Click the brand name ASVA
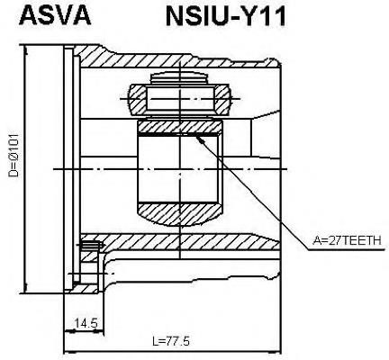pyautogui.click(x=55, y=15)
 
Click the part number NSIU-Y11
pyautogui.click(x=225, y=16)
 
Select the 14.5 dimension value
pyautogui.click(x=86, y=323)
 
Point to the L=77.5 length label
pyautogui.click(x=171, y=341)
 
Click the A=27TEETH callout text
pyautogui.click(x=347, y=240)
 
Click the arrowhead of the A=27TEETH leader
pyautogui.click(x=200, y=139)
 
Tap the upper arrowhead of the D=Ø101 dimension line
pyautogui.click(x=26, y=50)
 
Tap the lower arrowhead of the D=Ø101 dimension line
pyautogui.click(x=26, y=287)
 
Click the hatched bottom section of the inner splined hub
pyautogui.click(x=180, y=212)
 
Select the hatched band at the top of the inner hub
pyautogui.click(x=179, y=127)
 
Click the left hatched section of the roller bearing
pyautogui.click(x=138, y=98)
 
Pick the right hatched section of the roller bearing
pyautogui.click(x=222, y=99)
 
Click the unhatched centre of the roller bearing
pyautogui.click(x=180, y=98)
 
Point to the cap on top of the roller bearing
pyautogui.click(x=179, y=78)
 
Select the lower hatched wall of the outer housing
pyautogui.click(x=180, y=242)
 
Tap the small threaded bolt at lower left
pyautogui.click(x=90, y=246)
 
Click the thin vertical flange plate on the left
pyautogui.click(x=68, y=167)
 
